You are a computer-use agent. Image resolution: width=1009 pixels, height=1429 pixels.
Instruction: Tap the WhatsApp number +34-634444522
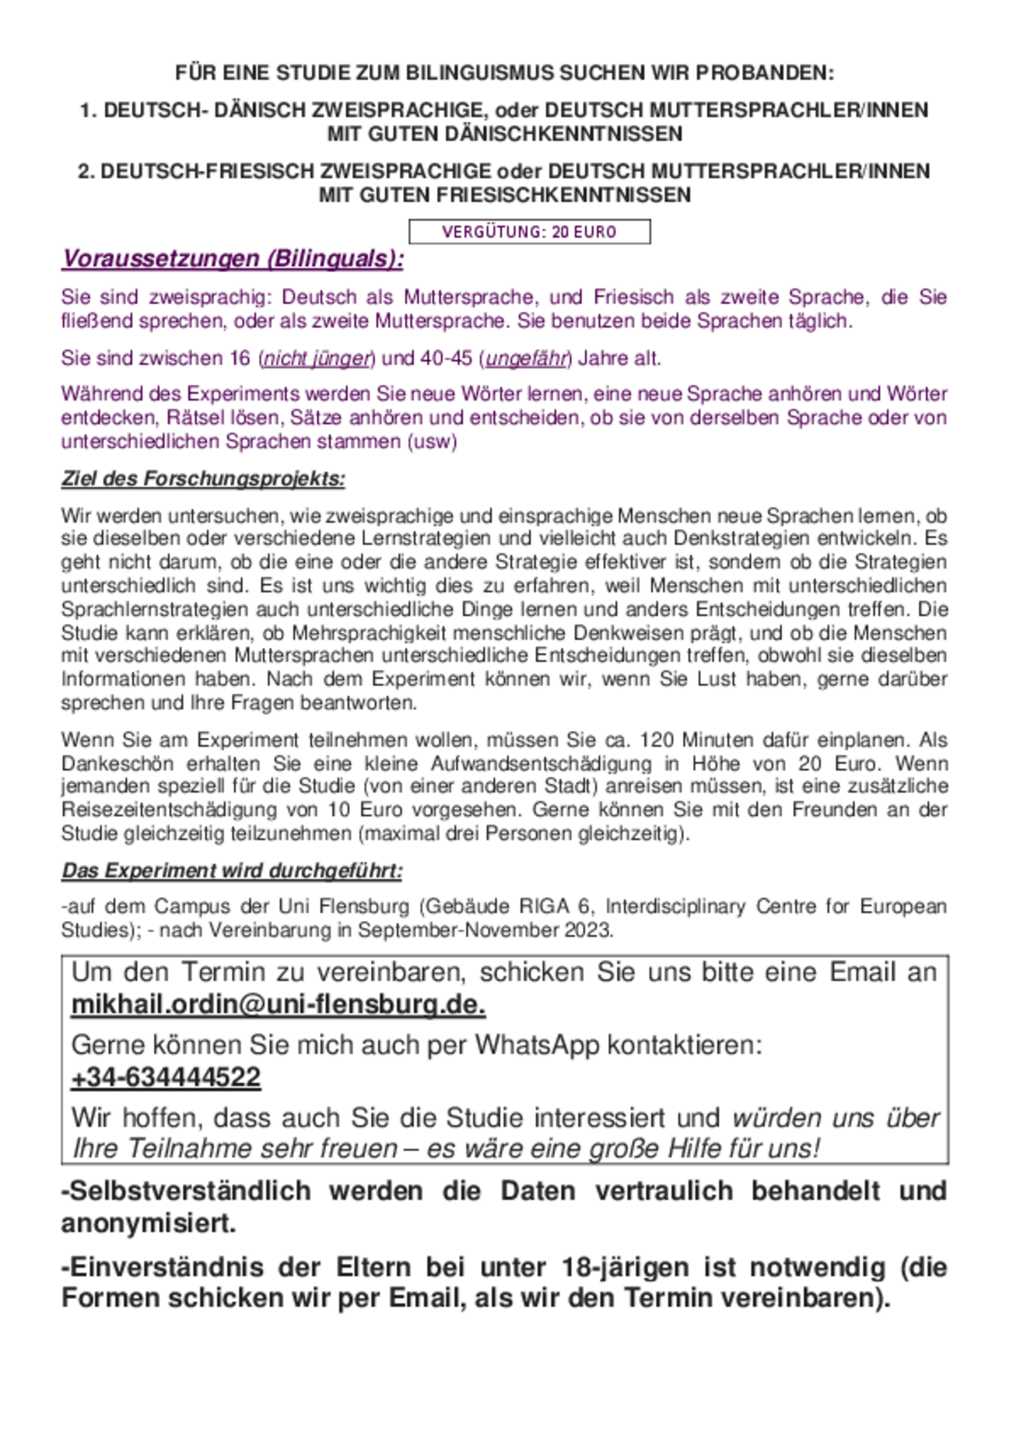point(166,1077)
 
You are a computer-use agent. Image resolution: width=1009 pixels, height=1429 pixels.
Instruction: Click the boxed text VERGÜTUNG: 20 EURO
point(529,232)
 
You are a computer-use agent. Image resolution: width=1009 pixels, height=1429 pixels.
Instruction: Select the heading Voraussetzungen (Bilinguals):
point(233,259)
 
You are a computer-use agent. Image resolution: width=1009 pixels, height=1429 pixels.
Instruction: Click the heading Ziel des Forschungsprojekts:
point(203,479)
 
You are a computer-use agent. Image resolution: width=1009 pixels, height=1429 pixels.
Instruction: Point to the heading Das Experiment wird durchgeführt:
point(232,870)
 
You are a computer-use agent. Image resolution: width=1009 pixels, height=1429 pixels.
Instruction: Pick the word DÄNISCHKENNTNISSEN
point(563,134)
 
